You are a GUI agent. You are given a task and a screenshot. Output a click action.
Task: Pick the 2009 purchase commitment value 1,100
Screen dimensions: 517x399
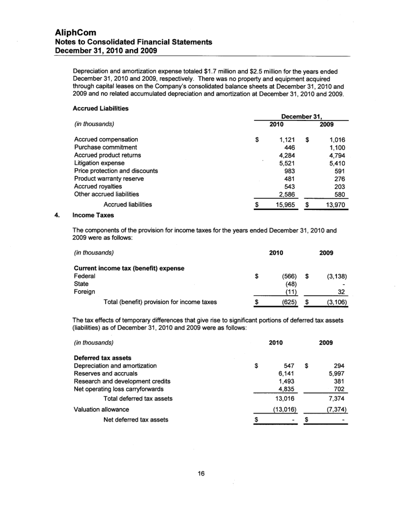pyautogui.click(x=336, y=147)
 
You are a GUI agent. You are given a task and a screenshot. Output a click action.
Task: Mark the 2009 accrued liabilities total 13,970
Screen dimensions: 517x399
pyautogui.click(x=335, y=204)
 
